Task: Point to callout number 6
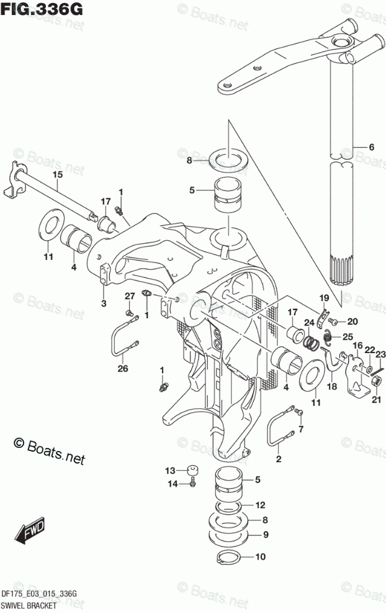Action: [372, 147]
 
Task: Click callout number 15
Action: [56, 176]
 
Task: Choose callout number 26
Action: [122, 370]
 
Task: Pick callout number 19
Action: [324, 299]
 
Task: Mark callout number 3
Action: [104, 303]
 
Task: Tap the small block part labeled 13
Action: [194, 470]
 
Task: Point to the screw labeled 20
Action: [333, 321]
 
